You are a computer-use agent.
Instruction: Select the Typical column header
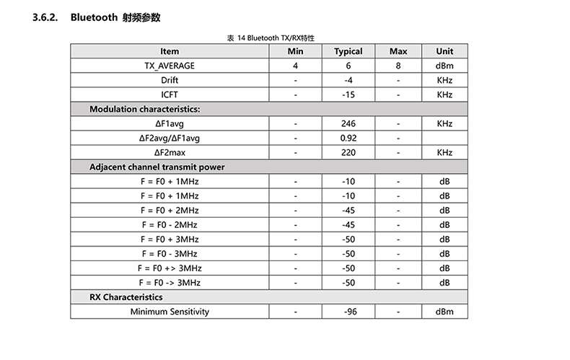[x=348, y=51]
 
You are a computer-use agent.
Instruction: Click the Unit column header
[x=444, y=51]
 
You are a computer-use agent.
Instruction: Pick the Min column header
[x=296, y=51]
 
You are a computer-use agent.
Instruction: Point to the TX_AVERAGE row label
[x=170, y=66]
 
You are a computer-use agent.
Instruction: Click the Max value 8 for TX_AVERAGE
[x=398, y=66]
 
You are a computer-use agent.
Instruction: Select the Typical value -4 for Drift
[x=348, y=80]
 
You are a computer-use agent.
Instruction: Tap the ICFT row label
[x=170, y=95]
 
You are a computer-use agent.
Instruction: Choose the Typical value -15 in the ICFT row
[x=348, y=95]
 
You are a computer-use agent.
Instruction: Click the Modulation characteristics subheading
[x=144, y=109]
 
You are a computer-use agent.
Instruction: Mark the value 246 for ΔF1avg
[x=348, y=123]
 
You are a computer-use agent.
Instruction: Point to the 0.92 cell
[x=348, y=138]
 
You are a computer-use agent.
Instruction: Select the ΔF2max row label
[x=170, y=152]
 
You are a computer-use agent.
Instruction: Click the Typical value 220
[x=348, y=152]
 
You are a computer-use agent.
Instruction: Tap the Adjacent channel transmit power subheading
[x=157, y=167]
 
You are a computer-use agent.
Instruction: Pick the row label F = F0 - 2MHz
[x=170, y=224]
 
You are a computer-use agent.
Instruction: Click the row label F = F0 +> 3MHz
[x=170, y=268]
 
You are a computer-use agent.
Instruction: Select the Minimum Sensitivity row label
[x=170, y=312]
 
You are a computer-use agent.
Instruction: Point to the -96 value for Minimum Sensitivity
[x=348, y=312]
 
